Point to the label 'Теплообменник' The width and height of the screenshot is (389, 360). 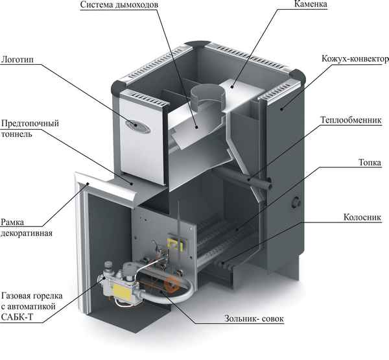point(351,120)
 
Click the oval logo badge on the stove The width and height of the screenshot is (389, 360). point(138,123)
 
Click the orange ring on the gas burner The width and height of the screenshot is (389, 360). point(172,284)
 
